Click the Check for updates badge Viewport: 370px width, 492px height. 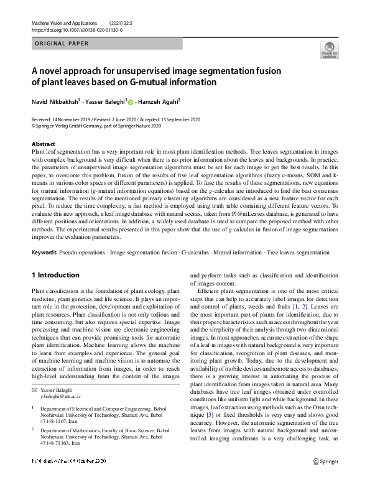tap(329, 50)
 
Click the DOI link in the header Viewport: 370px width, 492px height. tap(76, 29)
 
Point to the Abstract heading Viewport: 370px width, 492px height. tap(44, 144)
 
